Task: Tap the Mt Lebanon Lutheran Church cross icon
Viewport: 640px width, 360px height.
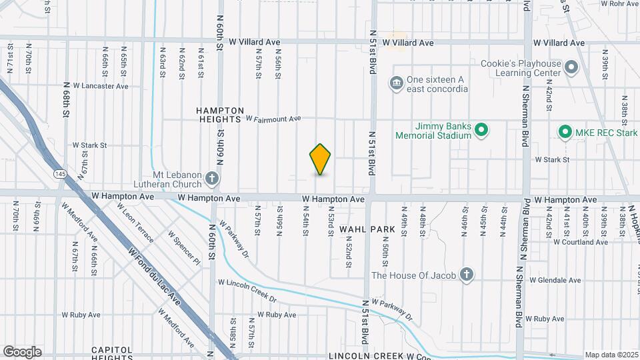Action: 212,178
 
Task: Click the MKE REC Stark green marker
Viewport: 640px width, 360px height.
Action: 565,132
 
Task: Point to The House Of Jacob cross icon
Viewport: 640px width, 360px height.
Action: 467,275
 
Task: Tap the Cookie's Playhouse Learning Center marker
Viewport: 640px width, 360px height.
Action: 571,67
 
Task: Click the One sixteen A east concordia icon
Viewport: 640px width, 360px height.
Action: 396,83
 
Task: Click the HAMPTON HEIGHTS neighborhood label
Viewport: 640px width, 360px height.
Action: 220,115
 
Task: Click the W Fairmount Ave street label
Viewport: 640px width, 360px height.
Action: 273,119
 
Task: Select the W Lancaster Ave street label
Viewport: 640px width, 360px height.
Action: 101,86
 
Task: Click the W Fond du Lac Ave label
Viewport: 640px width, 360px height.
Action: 155,273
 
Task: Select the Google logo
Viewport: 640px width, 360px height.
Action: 22,352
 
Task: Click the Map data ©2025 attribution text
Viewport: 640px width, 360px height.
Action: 611,355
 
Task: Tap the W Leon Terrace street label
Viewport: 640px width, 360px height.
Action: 135,224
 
